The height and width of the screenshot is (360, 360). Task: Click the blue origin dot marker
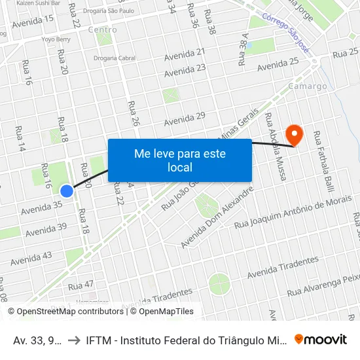(x=67, y=190)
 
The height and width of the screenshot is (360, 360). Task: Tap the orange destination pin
(x=295, y=134)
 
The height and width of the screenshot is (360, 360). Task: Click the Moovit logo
(x=321, y=339)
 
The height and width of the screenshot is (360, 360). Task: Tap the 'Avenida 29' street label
(x=185, y=118)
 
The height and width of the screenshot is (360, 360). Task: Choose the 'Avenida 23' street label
(x=185, y=69)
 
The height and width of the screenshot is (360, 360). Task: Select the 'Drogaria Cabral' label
(x=114, y=58)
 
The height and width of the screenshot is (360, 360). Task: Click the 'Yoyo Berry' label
(x=56, y=39)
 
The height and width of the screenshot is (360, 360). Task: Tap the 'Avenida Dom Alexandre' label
(x=217, y=218)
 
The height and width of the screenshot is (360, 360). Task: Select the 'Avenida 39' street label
(x=46, y=230)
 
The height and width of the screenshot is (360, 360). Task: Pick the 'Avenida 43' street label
(x=31, y=259)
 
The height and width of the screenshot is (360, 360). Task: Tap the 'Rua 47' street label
(x=81, y=285)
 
